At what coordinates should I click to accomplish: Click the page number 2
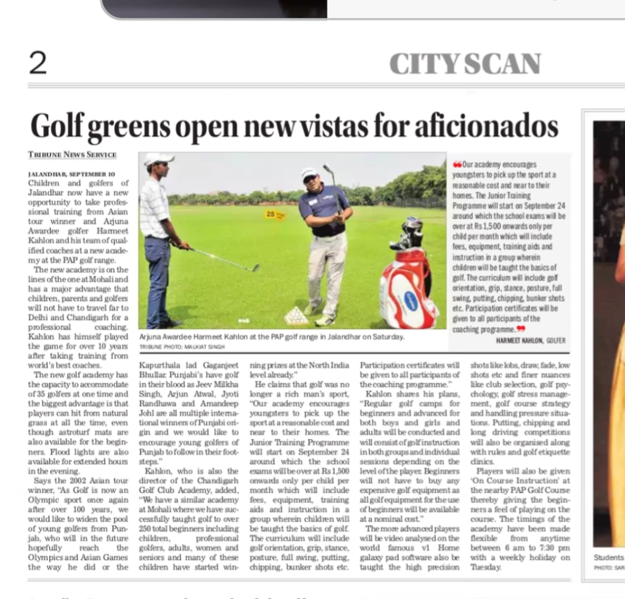(x=38, y=63)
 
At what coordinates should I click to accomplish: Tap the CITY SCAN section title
(x=465, y=64)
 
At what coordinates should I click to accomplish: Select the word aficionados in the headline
(x=478, y=126)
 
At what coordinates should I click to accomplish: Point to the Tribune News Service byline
(x=72, y=155)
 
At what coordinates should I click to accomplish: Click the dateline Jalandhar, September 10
(x=71, y=174)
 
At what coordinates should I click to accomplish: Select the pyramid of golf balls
(x=296, y=316)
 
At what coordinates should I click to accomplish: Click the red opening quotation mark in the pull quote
(x=457, y=165)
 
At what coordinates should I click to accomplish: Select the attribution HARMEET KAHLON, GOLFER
(x=530, y=340)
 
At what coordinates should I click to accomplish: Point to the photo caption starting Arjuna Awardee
(x=272, y=337)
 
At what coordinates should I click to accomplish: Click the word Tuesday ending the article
(x=486, y=567)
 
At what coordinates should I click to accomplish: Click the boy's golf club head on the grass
(x=253, y=268)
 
